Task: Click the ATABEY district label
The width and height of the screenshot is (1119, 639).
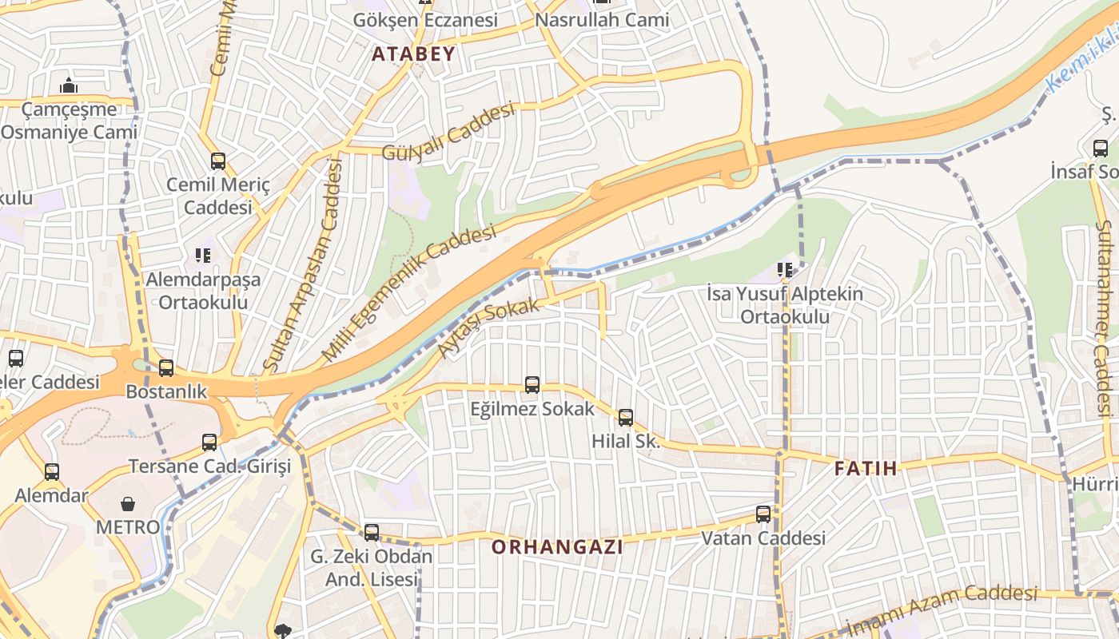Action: pos(414,54)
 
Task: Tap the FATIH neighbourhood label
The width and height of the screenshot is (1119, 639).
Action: pos(866,468)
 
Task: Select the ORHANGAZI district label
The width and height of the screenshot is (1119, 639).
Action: pos(557,547)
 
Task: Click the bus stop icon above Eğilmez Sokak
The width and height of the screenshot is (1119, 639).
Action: pos(532,385)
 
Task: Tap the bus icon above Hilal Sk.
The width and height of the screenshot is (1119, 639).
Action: pos(626,417)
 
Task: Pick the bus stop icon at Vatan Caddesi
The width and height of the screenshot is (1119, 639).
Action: pos(763,514)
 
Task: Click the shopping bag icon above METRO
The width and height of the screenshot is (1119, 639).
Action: pos(128,504)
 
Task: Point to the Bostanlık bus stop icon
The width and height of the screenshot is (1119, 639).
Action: pos(166,368)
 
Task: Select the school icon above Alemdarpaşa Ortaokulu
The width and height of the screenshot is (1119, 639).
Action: pos(203,256)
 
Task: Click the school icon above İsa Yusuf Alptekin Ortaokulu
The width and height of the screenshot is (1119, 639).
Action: pos(785,270)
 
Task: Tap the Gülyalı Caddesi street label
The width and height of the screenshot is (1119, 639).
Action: pos(448,132)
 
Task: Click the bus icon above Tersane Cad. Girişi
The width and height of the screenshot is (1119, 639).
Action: pos(209,442)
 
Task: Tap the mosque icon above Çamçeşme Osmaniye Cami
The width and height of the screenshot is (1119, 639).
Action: pos(69,85)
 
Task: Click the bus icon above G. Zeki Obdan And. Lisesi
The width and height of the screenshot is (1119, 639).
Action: pos(372,532)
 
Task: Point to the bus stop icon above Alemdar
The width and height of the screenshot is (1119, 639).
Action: pos(52,472)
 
